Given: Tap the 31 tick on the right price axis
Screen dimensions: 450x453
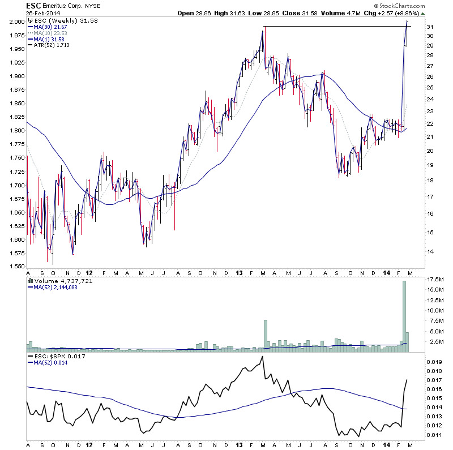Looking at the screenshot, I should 430,27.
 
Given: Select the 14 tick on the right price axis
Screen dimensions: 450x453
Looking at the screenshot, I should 430,251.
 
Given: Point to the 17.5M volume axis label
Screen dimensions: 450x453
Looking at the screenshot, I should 434,280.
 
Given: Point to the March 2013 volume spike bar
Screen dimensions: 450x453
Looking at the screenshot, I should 264,336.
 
